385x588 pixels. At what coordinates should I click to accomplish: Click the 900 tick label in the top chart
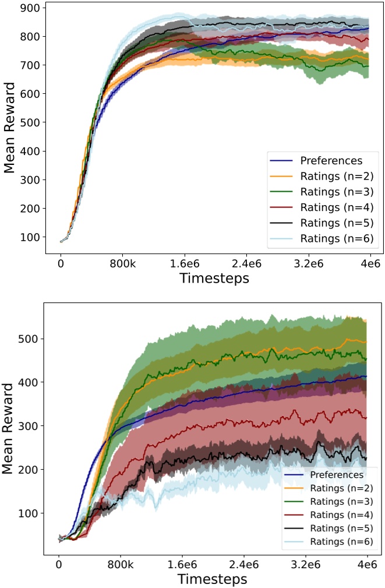(x=29, y=8)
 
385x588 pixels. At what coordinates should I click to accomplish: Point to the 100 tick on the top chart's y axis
(x=29, y=237)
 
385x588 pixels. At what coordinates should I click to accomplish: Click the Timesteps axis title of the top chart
(x=214, y=278)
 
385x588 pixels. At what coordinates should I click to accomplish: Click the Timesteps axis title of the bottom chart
(x=212, y=579)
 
